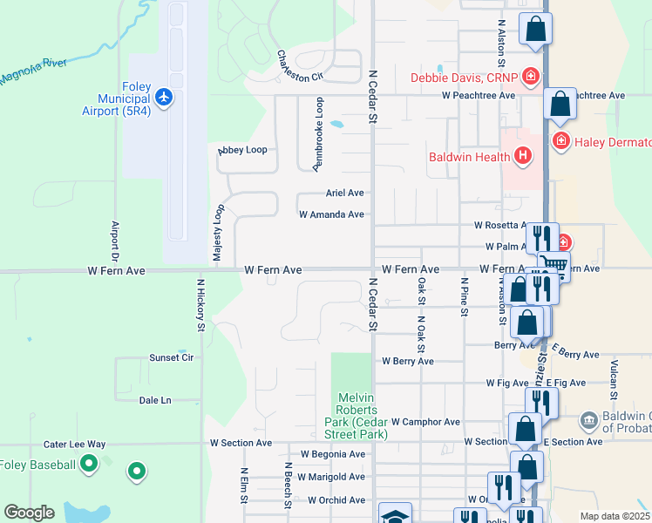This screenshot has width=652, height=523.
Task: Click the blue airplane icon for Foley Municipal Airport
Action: pyautogui.click(x=166, y=94)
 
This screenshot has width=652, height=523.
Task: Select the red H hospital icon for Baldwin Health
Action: pyautogui.click(x=522, y=157)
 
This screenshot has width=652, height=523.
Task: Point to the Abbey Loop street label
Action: pyautogui.click(x=242, y=150)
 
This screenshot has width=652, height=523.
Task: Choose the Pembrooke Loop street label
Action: pyautogui.click(x=319, y=133)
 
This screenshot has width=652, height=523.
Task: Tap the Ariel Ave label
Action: pyautogui.click(x=344, y=193)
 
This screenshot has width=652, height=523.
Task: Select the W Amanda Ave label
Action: pyautogui.click(x=331, y=214)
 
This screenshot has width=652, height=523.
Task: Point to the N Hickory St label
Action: pyautogui.click(x=200, y=305)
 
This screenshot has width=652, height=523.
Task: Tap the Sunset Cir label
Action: pyautogui.click(x=171, y=357)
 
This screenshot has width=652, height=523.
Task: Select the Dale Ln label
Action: pyautogui.click(x=155, y=400)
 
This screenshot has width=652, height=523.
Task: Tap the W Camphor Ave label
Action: pyautogui.click(x=425, y=422)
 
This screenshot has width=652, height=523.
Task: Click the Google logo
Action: pyautogui.click(x=29, y=513)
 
